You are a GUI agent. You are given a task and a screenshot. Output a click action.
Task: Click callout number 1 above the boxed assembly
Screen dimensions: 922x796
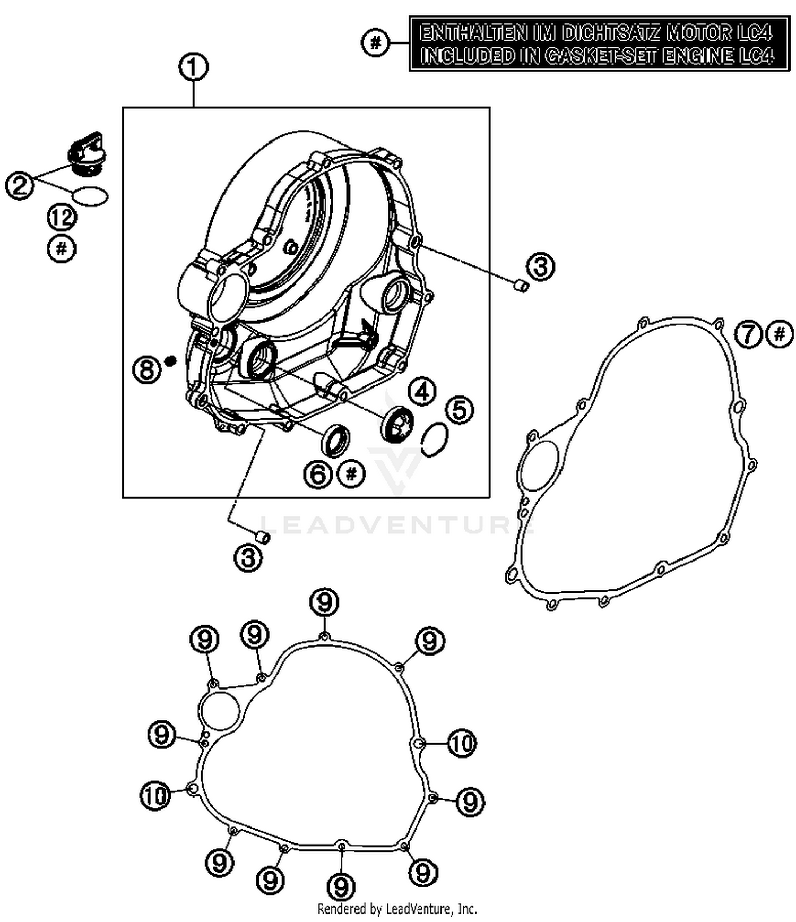[193, 67]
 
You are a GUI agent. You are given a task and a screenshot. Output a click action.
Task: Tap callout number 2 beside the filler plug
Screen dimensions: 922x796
[20, 185]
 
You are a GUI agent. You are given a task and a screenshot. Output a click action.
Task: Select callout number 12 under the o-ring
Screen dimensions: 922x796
[62, 218]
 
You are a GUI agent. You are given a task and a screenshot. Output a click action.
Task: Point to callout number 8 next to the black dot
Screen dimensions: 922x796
[146, 368]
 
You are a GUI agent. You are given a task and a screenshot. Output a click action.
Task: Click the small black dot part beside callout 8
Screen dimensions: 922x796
[170, 361]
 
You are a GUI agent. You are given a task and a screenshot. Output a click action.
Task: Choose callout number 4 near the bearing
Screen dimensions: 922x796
[422, 392]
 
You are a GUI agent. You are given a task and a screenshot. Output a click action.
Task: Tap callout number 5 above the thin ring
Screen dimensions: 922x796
[460, 410]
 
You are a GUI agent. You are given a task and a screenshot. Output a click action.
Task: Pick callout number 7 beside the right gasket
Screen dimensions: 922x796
[748, 334]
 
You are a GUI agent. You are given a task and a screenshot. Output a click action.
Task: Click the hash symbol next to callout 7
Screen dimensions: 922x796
[780, 334]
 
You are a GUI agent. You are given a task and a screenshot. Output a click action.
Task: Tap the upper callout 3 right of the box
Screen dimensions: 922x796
[540, 266]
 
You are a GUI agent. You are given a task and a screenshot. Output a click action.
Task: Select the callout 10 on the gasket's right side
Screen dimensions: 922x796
[462, 743]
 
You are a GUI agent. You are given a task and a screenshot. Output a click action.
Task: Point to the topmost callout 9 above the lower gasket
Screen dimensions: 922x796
[324, 602]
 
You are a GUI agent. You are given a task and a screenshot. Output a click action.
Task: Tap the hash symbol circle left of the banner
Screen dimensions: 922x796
[376, 42]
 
